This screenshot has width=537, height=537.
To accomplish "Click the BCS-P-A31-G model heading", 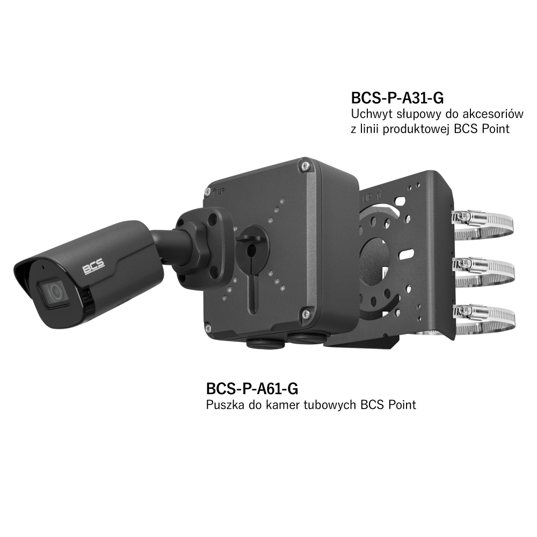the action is coord(397,98).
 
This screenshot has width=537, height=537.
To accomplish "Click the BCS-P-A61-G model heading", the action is coord(252,388).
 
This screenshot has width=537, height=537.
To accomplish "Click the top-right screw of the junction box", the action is coord(303,165).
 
